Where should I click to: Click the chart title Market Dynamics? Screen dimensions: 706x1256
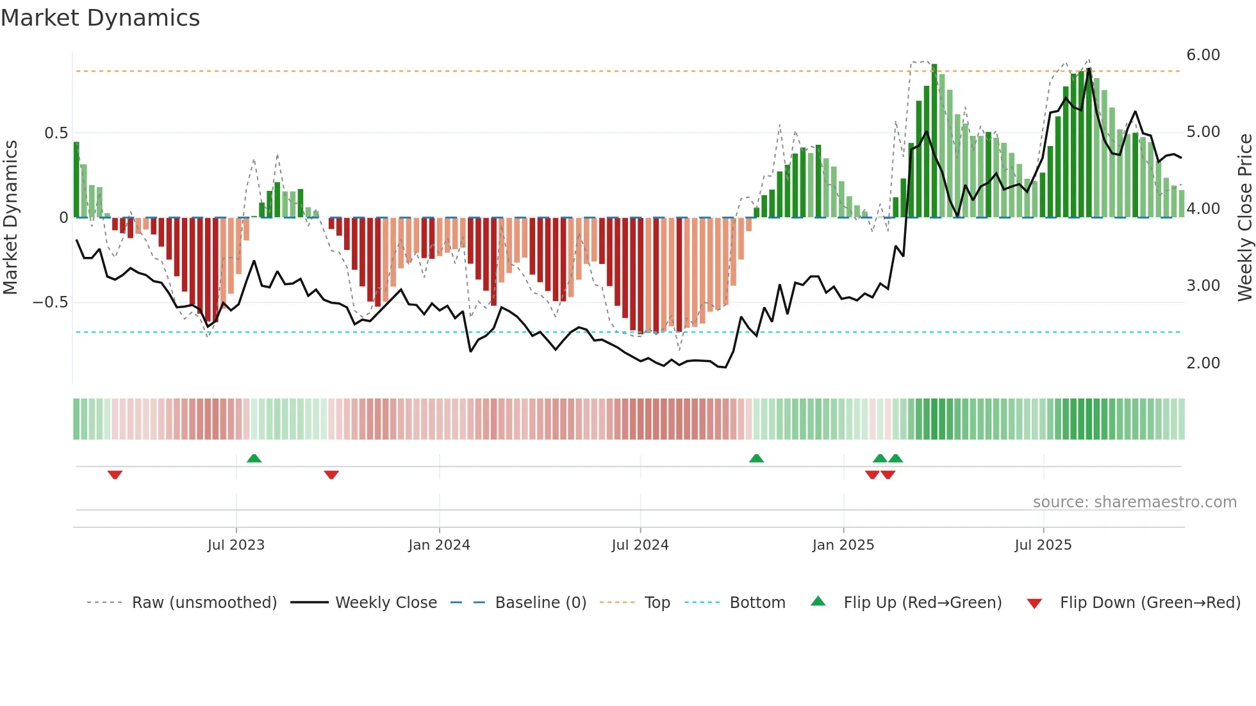coord(100,18)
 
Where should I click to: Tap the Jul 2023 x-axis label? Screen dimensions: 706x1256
coord(236,545)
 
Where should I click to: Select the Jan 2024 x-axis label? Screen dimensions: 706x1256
coord(439,545)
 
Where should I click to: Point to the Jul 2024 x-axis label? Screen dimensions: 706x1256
coord(640,545)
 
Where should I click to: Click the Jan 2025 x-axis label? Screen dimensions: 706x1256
coord(843,545)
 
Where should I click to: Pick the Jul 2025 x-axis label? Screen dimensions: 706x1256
coord(1043,545)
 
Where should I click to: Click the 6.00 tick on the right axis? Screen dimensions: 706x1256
coord(1203,55)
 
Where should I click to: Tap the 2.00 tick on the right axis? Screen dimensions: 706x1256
coord(1203,363)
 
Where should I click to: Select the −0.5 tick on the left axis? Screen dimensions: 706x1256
coord(50,302)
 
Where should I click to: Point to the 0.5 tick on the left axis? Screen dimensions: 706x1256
coord(56,133)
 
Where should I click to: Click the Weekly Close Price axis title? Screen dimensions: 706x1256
coord(1244,218)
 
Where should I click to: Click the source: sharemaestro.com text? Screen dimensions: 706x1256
coord(1134,502)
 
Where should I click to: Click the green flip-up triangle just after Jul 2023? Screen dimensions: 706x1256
coord(254,458)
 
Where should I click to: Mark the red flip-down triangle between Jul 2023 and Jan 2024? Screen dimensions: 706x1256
coord(331,475)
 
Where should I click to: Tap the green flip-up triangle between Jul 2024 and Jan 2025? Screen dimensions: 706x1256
coord(756,458)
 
